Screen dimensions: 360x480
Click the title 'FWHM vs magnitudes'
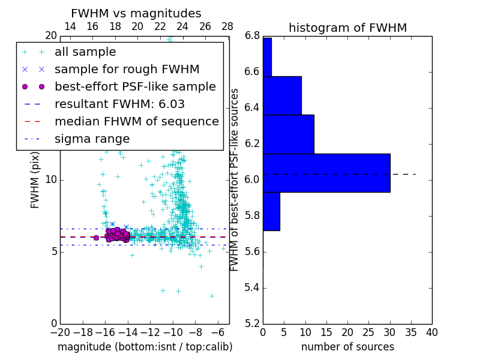(x=136, y=14)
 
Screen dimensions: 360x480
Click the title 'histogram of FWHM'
(x=347, y=28)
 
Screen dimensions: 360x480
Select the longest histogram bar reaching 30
(x=326, y=173)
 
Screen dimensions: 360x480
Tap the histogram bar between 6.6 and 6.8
(x=267, y=57)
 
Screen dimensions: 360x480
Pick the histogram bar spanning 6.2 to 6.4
(x=288, y=134)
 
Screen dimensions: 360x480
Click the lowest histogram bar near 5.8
(x=271, y=211)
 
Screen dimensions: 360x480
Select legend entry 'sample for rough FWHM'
(x=127, y=69)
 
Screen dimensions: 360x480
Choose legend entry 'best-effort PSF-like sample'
(x=135, y=86)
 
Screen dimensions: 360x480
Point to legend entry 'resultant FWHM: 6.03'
(x=119, y=104)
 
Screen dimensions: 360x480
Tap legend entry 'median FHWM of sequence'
(x=136, y=121)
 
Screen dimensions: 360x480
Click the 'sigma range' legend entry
(x=91, y=139)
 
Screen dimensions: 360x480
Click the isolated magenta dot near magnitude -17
(x=96, y=238)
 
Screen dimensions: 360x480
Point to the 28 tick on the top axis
(x=227, y=27)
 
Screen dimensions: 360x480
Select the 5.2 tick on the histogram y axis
(x=252, y=323)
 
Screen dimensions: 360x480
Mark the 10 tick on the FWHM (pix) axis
(x=50, y=179)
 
